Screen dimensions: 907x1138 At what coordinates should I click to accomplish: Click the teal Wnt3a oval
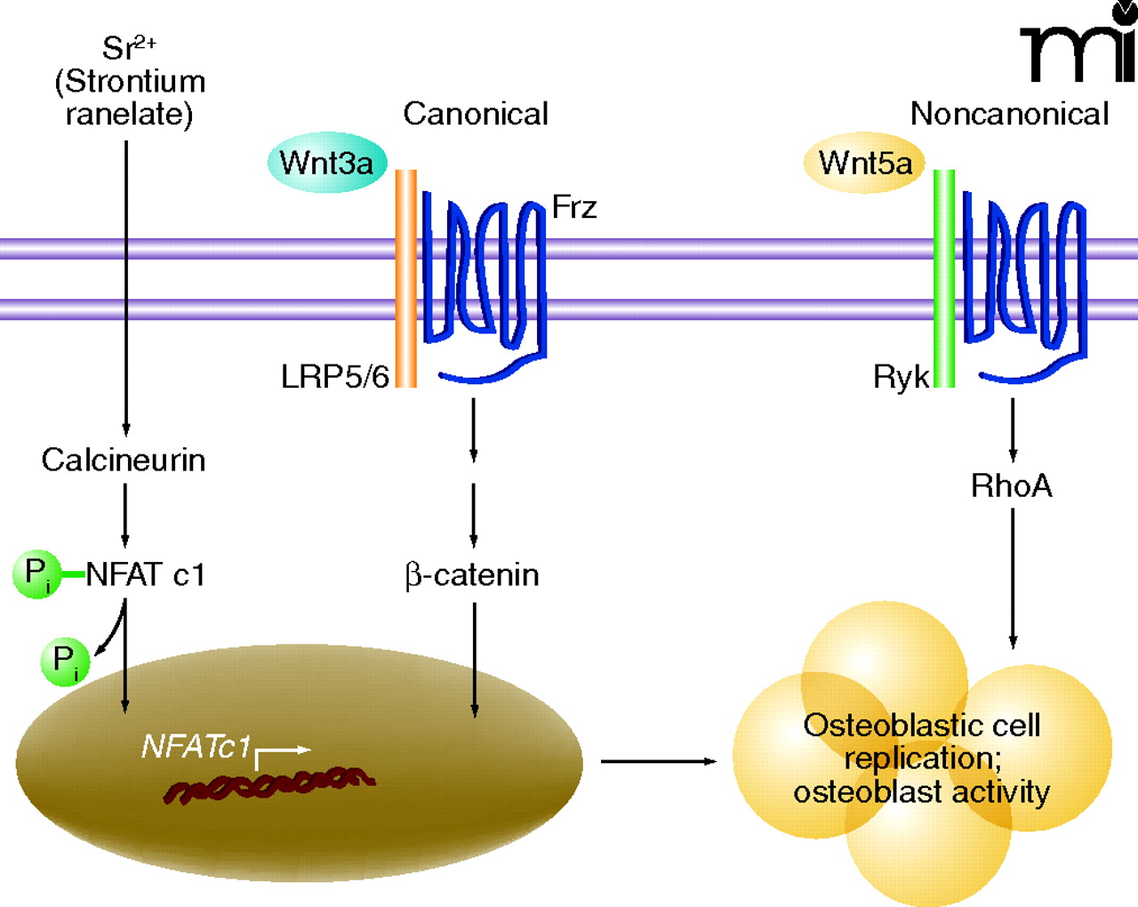click(327, 163)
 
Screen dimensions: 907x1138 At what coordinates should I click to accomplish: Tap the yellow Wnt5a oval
click(864, 163)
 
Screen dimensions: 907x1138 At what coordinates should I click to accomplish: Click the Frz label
click(574, 207)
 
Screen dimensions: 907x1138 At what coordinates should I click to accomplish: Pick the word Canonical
click(476, 114)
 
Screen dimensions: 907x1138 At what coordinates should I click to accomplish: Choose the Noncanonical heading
click(1009, 114)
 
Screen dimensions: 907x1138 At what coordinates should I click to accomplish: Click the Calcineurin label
click(124, 460)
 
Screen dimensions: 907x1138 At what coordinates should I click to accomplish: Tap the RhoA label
click(1012, 486)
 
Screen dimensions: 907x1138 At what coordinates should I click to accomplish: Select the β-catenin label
click(472, 575)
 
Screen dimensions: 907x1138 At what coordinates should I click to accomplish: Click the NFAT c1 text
click(146, 574)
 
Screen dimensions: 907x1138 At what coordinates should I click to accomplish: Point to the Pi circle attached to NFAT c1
click(36, 574)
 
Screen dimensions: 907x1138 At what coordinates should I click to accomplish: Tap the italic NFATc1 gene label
click(196, 746)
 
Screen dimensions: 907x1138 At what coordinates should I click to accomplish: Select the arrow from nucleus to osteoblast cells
click(658, 761)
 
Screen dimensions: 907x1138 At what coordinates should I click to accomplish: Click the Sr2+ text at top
click(129, 47)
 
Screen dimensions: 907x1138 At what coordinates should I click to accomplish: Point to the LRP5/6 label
click(335, 377)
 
